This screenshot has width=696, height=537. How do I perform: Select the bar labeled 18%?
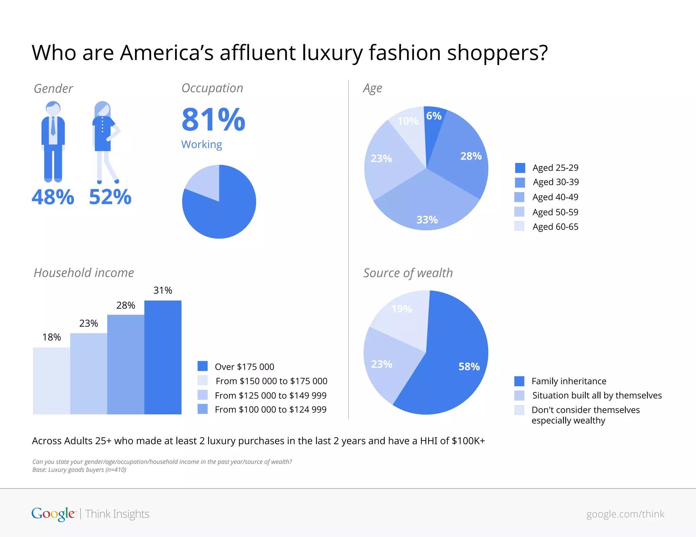click(x=52, y=381)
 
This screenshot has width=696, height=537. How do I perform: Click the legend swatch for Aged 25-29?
click(x=520, y=168)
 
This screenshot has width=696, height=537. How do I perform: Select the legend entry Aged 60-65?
click(x=555, y=227)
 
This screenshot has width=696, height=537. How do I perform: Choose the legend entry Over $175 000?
click(x=244, y=367)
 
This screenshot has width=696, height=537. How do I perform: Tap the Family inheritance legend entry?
click(x=569, y=381)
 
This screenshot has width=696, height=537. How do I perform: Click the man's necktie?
click(x=53, y=126)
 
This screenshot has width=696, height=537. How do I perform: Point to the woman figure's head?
click(x=103, y=109)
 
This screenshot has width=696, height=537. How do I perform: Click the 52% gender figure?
click(x=110, y=197)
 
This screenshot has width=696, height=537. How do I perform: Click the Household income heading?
click(x=84, y=273)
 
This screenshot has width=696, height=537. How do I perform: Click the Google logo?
click(x=53, y=514)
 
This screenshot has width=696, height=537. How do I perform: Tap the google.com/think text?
click(x=625, y=514)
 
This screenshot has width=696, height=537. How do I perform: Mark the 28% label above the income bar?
click(x=126, y=305)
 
